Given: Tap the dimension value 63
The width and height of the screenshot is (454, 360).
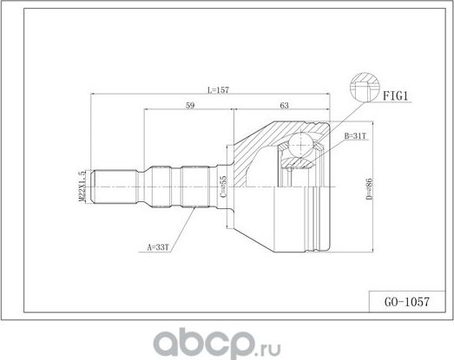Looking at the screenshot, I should pos(284,108).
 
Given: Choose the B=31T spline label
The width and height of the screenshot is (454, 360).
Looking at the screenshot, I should pos(358,137).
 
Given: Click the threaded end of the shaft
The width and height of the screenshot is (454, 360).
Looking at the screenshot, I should pos(113,186).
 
